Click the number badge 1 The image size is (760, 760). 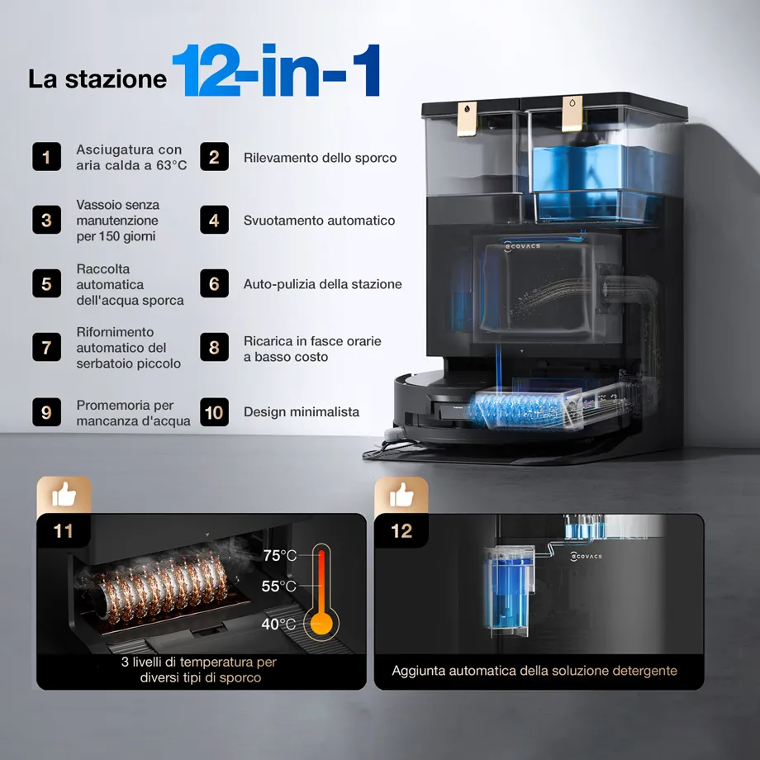click(x=46, y=157)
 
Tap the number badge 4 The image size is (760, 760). click(x=214, y=220)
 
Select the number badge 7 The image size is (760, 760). click(x=46, y=347)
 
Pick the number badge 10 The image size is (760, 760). click(x=214, y=412)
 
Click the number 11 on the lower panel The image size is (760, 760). click(x=63, y=530)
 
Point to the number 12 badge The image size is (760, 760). click(x=401, y=530)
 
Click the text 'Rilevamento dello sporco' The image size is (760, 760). click(x=320, y=158)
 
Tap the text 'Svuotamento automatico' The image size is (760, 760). click(x=319, y=221)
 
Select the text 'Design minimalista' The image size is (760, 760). click(x=302, y=412)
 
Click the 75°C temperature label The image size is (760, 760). click(x=280, y=555)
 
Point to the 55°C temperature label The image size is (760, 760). click(x=278, y=586)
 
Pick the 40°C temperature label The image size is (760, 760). click(x=278, y=624)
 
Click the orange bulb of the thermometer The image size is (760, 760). click(x=321, y=623)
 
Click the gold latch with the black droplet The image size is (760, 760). click(x=467, y=119)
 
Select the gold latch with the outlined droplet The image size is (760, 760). click(x=572, y=114)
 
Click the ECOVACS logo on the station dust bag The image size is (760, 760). click(x=522, y=246)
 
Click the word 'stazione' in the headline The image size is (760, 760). click(x=116, y=79)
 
